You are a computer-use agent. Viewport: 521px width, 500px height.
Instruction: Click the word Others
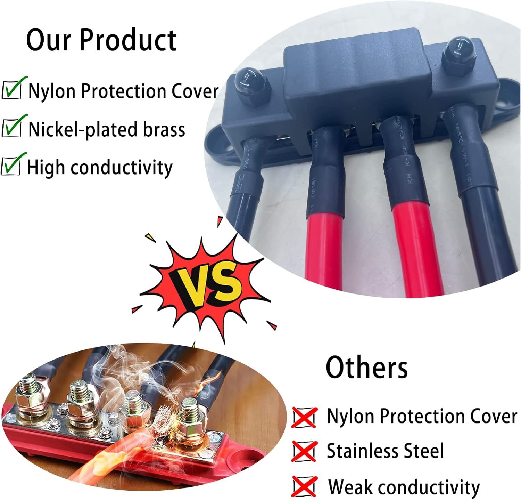click(x=366, y=367)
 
